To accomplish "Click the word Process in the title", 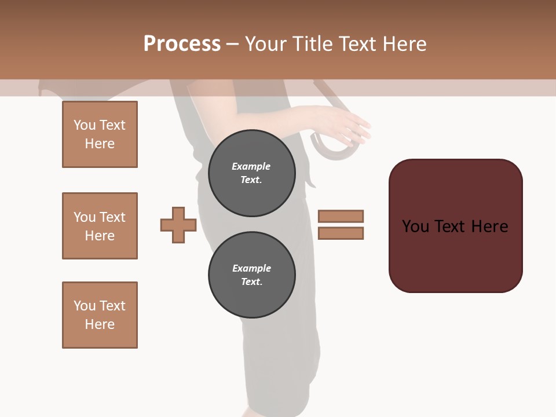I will [182, 44].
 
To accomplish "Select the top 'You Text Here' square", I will [100, 134].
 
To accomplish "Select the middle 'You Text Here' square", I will [100, 226].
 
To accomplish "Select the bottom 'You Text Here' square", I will [100, 315].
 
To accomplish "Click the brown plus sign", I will [178, 225].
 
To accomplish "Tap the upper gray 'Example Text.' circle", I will [251, 173].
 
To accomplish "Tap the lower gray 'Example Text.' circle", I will [251, 275].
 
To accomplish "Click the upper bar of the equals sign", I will [341, 216].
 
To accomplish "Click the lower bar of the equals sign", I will [341, 233].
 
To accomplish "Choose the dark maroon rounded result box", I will [455, 226].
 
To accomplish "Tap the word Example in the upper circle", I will [251, 166].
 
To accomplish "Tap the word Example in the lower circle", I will [251, 268].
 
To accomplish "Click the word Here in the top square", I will [100, 144].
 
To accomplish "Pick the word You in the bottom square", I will [85, 306].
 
